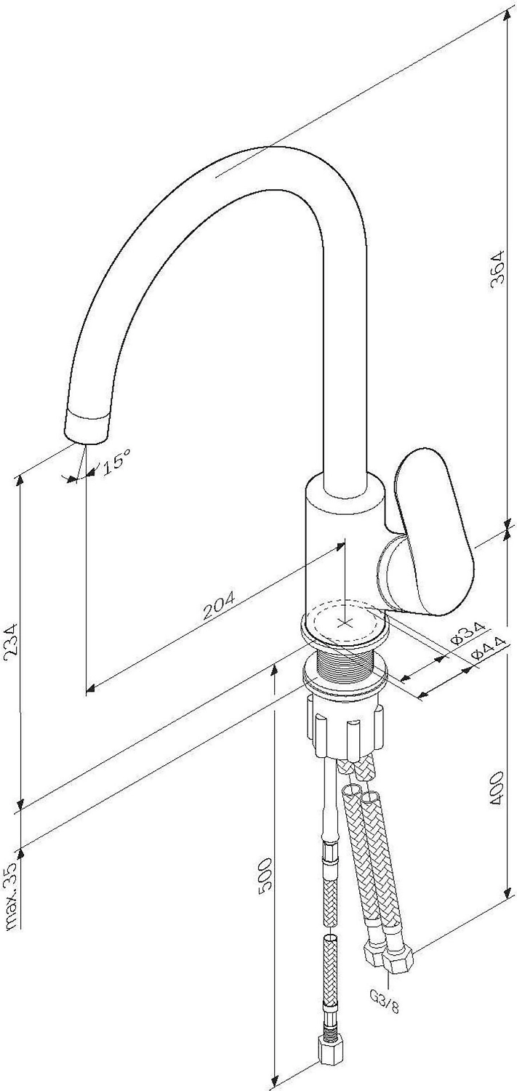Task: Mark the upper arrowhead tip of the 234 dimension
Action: click(x=20, y=474)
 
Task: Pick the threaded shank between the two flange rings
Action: click(x=345, y=664)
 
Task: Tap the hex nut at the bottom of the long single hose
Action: click(x=331, y=1062)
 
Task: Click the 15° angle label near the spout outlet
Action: click(x=117, y=461)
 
